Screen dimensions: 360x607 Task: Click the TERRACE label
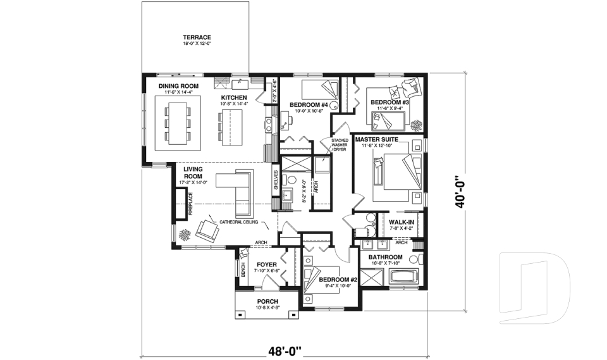point(197,37)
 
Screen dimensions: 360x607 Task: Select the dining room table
point(178,123)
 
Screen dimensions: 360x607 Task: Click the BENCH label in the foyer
point(243,270)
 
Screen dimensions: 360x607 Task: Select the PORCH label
point(266,301)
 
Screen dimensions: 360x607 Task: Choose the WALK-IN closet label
point(402,222)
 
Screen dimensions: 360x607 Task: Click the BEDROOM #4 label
point(307,104)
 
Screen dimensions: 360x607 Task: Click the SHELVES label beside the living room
point(276,180)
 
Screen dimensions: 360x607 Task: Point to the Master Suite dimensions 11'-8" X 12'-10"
point(377,146)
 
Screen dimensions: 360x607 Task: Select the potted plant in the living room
point(184,235)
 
